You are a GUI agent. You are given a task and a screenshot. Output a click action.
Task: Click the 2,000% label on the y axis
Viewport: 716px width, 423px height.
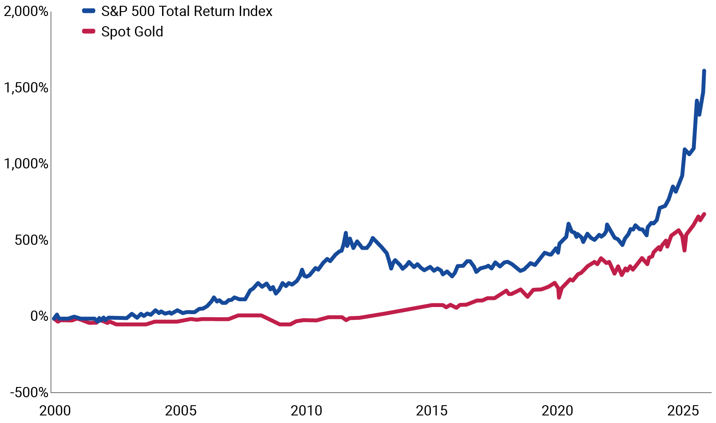tap(26, 12)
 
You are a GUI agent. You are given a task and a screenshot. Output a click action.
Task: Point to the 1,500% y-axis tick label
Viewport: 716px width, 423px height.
tap(26, 88)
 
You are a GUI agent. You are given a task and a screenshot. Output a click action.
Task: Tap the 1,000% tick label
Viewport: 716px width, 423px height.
tap(26, 164)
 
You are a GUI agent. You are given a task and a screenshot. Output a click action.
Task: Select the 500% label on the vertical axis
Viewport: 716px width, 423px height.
tap(31, 240)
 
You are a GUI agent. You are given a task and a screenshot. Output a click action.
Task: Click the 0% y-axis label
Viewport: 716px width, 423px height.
tap(39, 316)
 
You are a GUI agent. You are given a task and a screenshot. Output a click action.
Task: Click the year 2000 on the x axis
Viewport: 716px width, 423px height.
tap(55, 411)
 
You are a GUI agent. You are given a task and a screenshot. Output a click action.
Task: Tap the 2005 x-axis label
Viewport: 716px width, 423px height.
tap(180, 411)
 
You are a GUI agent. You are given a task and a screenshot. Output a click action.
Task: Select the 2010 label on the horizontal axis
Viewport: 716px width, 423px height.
tap(306, 411)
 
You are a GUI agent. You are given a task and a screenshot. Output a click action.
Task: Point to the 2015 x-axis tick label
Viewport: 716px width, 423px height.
tap(432, 411)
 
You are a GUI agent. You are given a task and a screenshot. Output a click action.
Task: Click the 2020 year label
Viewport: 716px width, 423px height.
tap(557, 411)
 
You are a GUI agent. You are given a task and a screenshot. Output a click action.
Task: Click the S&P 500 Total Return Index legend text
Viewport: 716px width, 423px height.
tap(187, 12)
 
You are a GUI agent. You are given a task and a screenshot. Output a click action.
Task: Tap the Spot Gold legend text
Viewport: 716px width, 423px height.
tap(132, 32)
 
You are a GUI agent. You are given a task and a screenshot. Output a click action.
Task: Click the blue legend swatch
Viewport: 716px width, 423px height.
tap(89, 12)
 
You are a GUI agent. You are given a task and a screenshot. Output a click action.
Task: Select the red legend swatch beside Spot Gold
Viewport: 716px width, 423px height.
tap(89, 32)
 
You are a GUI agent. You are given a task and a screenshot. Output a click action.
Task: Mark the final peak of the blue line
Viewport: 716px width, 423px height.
tap(704, 71)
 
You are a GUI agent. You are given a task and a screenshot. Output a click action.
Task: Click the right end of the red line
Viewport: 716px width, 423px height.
tap(704, 214)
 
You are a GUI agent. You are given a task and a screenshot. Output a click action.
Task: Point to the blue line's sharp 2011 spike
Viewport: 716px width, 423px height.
tap(346, 233)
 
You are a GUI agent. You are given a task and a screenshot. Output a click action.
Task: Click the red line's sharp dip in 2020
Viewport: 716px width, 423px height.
tap(559, 297)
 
